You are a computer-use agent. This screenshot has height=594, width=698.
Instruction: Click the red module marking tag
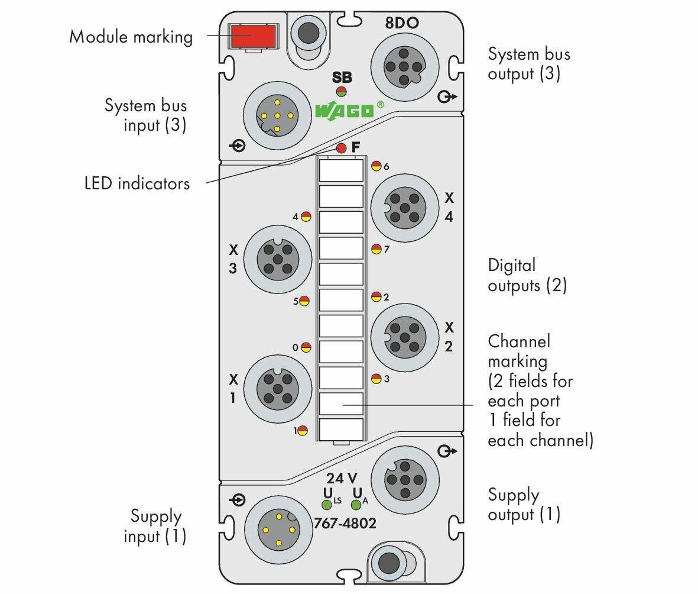pyautogui.click(x=252, y=36)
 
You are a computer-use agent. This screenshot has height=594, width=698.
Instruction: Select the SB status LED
pyautogui.click(x=342, y=92)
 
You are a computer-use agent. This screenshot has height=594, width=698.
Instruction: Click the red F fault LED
pyautogui.click(x=342, y=148)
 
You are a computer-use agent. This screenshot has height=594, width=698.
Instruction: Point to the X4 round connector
pyautogui.click(x=405, y=208)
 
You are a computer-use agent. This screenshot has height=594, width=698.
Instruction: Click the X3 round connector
pyautogui.click(x=278, y=259)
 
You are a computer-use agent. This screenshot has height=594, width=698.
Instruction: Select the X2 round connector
pyautogui.click(x=405, y=337)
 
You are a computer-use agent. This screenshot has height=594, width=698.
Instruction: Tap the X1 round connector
pyautogui.click(x=278, y=389)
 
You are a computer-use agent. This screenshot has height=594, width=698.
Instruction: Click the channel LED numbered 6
pyautogui.click(x=376, y=166)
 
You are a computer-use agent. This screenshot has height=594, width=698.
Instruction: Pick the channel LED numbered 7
pyautogui.click(x=376, y=248)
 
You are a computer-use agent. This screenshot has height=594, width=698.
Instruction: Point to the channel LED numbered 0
pyautogui.click(x=306, y=347)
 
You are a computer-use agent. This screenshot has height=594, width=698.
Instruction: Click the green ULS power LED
pyautogui.click(x=327, y=505)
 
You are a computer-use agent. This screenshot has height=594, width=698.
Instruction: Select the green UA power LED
pyautogui.click(x=356, y=505)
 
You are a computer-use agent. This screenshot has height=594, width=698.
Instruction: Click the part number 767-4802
pyautogui.click(x=345, y=522)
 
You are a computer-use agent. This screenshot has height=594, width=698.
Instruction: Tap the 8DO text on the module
pyautogui.click(x=402, y=22)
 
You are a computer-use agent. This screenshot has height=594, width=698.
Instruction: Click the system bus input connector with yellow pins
pyautogui.click(x=277, y=115)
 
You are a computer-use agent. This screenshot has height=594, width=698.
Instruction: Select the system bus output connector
pyautogui.click(x=404, y=67)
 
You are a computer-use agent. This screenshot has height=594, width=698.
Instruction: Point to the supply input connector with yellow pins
pyautogui.click(x=278, y=530)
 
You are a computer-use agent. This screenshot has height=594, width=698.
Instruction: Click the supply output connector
pyautogui.click(x=405, y=480)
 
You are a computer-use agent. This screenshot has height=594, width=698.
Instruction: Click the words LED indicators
pyautogui.click(x=137, y=183)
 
